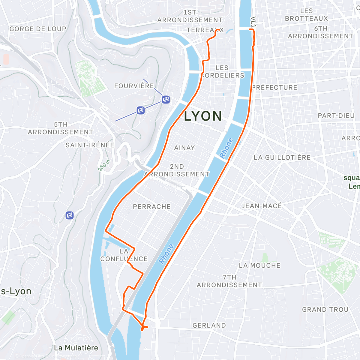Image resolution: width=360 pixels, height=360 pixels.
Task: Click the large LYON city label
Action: coord(203,116)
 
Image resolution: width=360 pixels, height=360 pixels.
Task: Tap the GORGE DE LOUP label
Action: coord(38,29)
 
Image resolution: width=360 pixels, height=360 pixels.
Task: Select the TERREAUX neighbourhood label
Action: coord(205,30)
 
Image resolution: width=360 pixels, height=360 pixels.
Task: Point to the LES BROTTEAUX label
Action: coord(306,15)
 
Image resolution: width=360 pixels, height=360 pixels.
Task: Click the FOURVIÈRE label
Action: coord(134,86)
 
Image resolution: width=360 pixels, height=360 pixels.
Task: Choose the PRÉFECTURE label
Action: coord(275,88)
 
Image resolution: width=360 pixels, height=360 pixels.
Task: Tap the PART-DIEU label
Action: coord(336,116)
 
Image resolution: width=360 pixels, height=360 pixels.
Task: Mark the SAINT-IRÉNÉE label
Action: coord(90,145)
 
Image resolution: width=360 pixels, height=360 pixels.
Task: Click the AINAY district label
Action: coord(184,148)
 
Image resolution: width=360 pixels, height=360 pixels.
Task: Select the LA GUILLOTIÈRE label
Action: coord(282,157)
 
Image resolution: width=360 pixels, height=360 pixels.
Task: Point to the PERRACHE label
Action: coord(152,207)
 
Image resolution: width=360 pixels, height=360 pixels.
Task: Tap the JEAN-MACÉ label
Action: coord(262,206)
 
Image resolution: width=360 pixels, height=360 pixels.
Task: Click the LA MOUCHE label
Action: coord(259,265)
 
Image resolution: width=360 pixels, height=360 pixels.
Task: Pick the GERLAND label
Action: coord(209,325)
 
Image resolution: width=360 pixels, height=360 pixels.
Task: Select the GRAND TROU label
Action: coord(325,310)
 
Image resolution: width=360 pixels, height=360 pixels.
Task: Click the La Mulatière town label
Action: coord(76,348)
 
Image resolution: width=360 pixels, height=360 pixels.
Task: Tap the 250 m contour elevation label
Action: coord(104,165)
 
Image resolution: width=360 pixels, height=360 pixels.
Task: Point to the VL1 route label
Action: coord(253,22)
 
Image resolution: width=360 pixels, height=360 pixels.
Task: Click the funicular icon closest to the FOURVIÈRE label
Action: coord(166,99)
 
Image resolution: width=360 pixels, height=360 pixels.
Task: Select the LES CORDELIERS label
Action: coord(223,72)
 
